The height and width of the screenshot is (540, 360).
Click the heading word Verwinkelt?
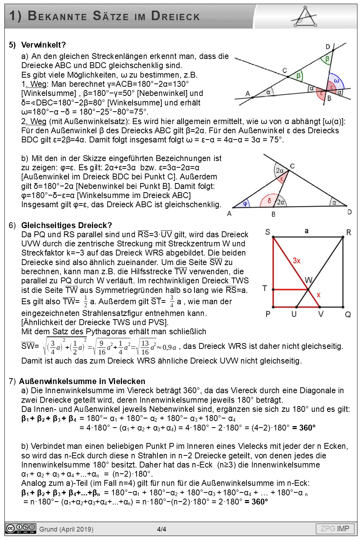tap(43, 45)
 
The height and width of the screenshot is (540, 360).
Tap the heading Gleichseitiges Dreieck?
tap(66, 225)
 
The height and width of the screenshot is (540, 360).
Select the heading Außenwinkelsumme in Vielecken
tap(82, 381)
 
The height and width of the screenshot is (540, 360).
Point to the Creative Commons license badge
tap(21, 529)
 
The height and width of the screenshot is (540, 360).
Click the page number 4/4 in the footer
tap(162, 529)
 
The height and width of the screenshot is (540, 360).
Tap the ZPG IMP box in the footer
tap(335, 528)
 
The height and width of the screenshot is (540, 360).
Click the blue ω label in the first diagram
tap(337, 81)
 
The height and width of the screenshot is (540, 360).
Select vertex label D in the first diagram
tap(328, 47)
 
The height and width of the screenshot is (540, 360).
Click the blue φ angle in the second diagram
tap(245, 204)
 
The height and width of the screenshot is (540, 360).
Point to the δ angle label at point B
tap(269, 201)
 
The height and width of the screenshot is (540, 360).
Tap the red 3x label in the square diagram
tap(296, 260)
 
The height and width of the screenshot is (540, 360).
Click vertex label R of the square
tap(348, 232)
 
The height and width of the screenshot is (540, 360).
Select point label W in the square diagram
tap(308, 280)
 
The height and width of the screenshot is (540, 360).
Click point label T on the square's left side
tap(264, 288)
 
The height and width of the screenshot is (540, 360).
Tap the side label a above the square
tap(307, 231)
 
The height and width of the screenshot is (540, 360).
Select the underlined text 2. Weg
tap(34, 121)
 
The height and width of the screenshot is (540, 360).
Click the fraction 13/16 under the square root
tap(145, 347)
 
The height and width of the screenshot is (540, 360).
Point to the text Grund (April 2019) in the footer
tap(66, 529)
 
